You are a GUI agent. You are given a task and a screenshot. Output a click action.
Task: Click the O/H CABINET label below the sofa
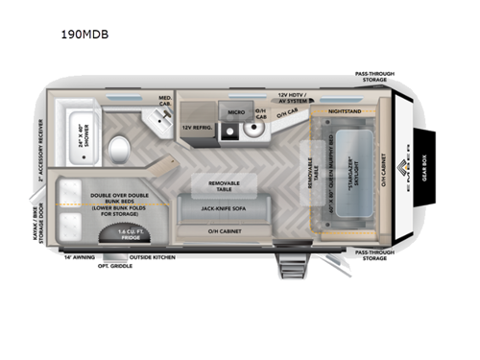click(227, 231)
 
